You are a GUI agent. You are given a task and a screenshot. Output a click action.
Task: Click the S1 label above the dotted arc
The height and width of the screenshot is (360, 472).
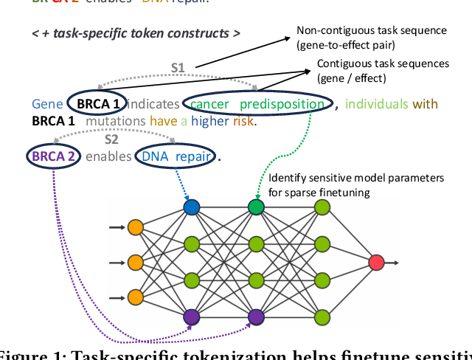click(178, 68)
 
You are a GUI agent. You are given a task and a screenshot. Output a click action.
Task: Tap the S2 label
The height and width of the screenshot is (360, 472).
click(111, 138)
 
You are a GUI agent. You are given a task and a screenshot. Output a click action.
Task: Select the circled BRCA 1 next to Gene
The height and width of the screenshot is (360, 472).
click(97, 105)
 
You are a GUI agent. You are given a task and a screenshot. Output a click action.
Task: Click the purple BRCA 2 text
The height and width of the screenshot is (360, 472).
click(52, 156)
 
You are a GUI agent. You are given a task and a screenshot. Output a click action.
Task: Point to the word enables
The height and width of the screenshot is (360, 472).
click(108, 156)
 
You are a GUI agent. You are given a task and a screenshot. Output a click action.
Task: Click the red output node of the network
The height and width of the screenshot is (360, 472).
click(377, 263)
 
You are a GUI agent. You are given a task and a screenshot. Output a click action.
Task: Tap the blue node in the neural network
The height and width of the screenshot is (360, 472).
click(192, 207)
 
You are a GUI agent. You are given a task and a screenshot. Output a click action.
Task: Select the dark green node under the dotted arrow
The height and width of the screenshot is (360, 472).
click(256, 207)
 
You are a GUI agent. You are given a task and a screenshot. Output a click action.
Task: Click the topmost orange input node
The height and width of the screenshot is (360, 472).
click(135, 226)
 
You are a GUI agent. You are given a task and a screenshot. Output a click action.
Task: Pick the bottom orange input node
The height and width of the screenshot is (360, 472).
click(135, 297)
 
